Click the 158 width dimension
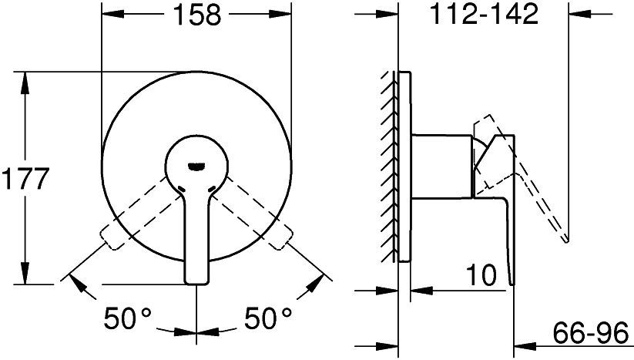(x=197, y=15)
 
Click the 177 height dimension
(x=25, y=179)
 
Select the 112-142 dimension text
(x=483, y=13)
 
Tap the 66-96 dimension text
(x=591, y=333)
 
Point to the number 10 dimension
(x=481, y=275)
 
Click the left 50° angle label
(x=127, y=318)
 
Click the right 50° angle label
(x=267, y=318)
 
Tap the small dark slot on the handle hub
(x=197, y=165)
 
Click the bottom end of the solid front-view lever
(x=197, y=282)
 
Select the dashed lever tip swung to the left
(x=110, y=238)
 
